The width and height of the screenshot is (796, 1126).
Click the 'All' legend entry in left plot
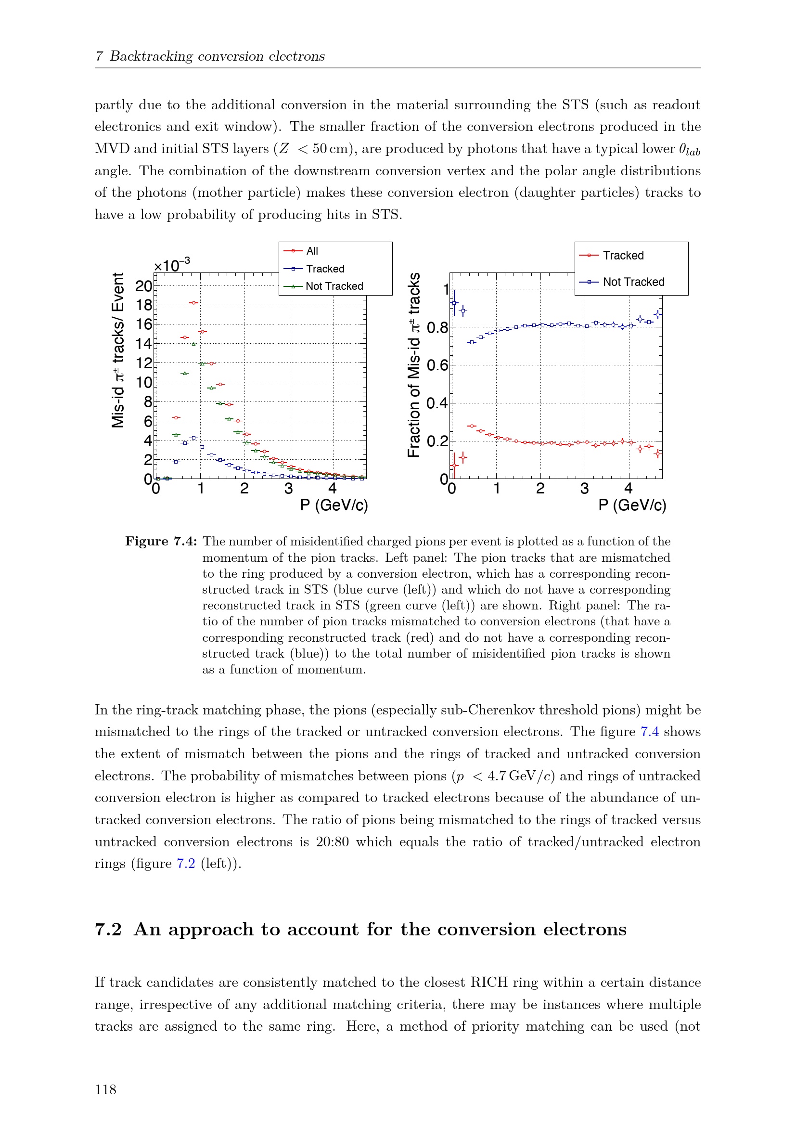pos(312,251)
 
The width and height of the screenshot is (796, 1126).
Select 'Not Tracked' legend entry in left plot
pos(334,286)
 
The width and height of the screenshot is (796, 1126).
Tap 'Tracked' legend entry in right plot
pos(622,256)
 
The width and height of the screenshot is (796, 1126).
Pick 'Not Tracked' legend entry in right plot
pos(633,282)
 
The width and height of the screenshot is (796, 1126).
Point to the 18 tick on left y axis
pos(144,305)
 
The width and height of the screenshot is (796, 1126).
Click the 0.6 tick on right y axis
pos(437,365)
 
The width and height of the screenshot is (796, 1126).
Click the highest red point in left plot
pos(194,303)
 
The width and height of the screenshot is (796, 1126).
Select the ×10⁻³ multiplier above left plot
pos(171,265)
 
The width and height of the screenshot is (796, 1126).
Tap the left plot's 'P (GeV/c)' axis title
pos(334,505)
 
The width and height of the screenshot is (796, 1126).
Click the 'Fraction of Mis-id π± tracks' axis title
pos(414,365)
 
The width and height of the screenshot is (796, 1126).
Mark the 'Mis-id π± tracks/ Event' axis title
pos(117,350)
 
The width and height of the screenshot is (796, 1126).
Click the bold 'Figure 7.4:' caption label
pos(161,542)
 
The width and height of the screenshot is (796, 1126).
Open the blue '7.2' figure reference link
pos(186,864)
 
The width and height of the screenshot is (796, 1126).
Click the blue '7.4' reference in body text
pos(649,732)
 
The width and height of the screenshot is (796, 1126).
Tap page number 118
pos(105,1090)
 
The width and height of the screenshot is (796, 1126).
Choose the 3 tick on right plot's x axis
pos(584,489)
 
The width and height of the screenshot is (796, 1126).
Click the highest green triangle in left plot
pos(193,344)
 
